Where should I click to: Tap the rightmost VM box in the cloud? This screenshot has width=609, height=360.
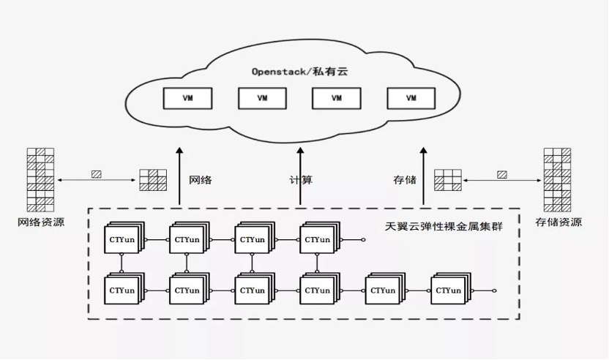click(x=411, y=97)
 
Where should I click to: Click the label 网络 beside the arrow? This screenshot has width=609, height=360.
click(x=201, y=179)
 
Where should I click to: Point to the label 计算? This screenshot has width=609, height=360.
click(x=301, y=179)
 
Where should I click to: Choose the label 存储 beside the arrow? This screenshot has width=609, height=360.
click(x=405, y=179)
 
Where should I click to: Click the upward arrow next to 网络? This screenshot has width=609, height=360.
click(x=178, y=176)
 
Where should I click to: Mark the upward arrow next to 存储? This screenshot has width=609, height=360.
click(x=423, y=176)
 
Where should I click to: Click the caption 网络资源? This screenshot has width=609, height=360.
click(x=42, y=222)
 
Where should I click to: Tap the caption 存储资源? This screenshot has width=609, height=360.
click(x=558, y=222)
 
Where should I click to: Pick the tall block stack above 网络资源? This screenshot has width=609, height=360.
click(x=41, y=179)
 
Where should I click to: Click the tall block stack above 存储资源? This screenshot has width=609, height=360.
click(x=557, y=179)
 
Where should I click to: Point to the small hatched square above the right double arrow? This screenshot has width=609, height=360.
click(x=501, y=174)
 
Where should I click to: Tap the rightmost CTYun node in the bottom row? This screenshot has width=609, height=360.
click(x=448, y=290)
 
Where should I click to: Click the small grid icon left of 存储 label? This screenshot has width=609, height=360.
click(x=447, y=180)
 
